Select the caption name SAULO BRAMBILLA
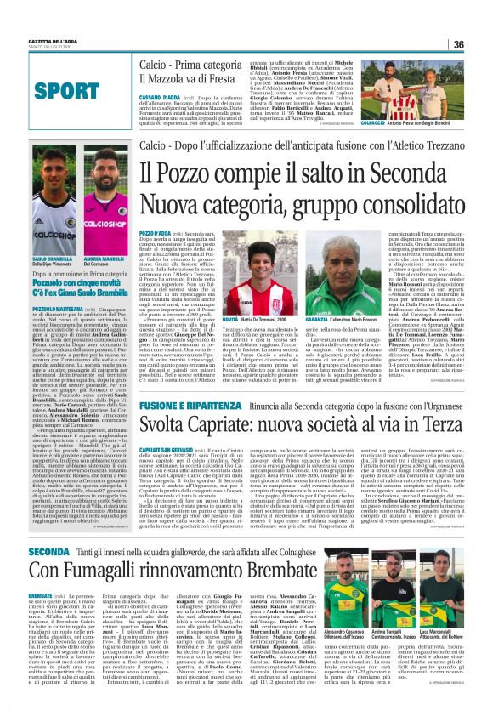(x=51, y=258)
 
